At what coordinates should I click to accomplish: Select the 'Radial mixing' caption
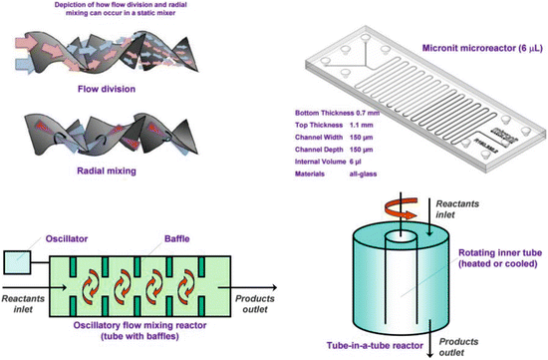coord(103,170)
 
